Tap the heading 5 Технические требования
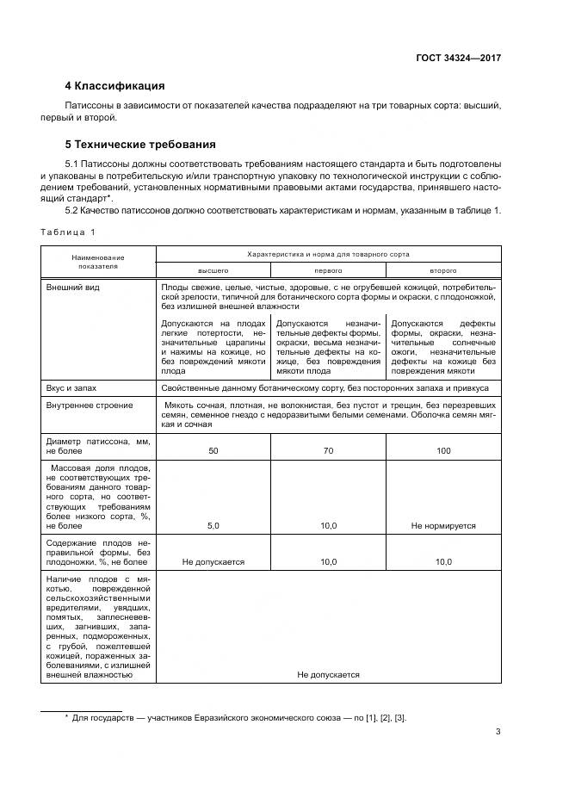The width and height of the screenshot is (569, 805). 140,144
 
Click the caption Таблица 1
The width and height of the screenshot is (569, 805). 69,232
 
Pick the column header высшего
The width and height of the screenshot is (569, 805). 213,269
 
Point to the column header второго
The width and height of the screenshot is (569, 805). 443,269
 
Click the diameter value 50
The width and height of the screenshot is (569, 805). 213,450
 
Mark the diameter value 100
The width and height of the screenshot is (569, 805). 443,450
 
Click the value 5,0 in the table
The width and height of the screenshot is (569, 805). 213,525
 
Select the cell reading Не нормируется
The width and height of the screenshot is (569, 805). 443,525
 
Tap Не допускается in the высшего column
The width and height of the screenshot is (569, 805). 213,561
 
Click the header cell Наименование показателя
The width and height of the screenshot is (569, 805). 97,262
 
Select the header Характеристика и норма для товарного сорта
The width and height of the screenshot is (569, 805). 328,254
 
